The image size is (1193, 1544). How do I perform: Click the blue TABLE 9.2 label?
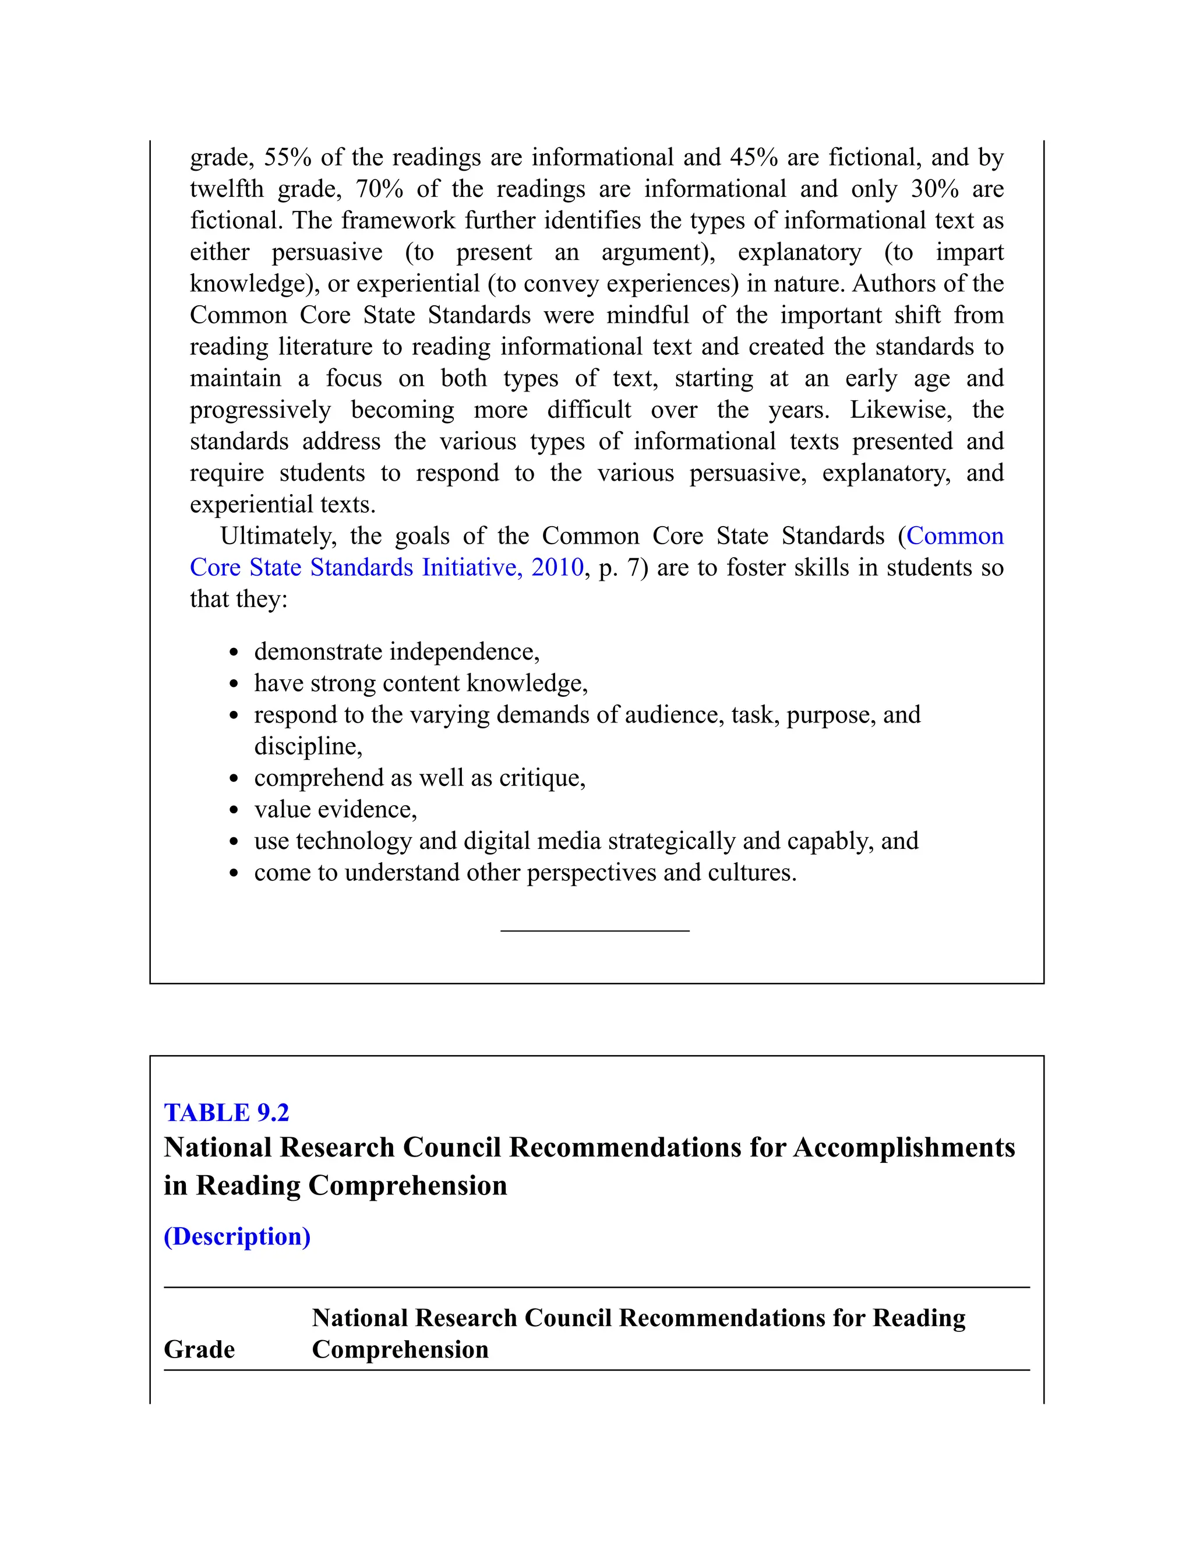(x=226, y=1113)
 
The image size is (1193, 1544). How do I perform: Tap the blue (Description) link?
(x=237, y=1236)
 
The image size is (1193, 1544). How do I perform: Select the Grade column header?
(x=199, y=1349)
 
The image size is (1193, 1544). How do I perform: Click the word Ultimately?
(x=278, y=536)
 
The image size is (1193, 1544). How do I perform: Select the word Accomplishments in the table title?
(x=904, y=1147)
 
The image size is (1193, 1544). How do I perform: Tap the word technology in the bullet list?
(x=354, y=841)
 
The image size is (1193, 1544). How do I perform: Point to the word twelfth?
(x=227, y=189)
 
